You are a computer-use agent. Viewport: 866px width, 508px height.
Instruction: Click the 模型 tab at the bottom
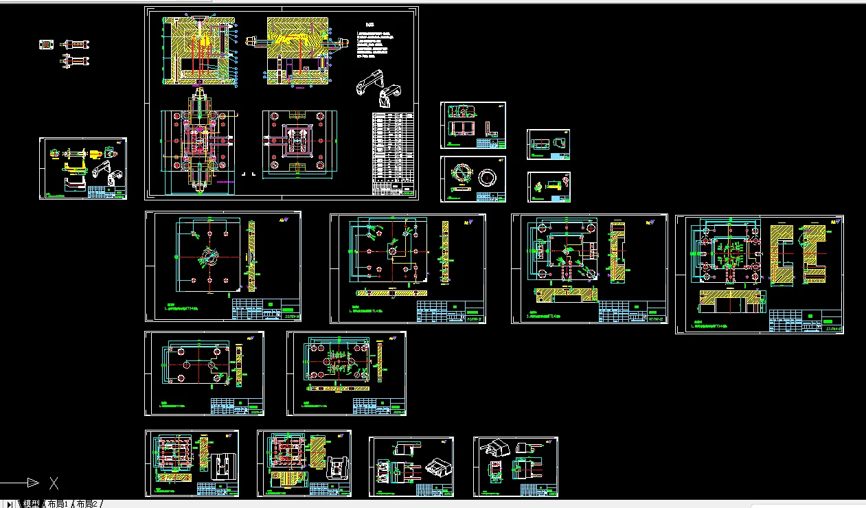(x=32, y=504)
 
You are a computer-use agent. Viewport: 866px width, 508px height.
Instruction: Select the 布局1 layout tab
(x=58, y=504)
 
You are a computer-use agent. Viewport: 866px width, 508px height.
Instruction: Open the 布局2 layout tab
(x=87, y=504)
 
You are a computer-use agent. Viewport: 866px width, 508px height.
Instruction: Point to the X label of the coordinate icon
(x=54, y=483)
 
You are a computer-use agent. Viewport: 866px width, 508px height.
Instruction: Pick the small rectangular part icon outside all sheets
(x=47, y=45)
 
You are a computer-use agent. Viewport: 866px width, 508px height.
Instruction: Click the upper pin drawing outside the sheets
(x=76, y=45)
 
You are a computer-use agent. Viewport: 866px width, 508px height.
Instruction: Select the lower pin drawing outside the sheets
(x=76, y=60)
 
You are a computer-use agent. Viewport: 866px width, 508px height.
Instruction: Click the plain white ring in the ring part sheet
(x=489, y=178)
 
